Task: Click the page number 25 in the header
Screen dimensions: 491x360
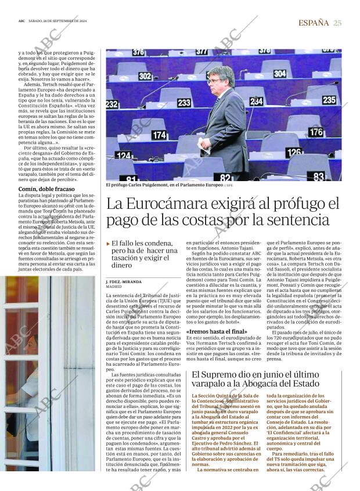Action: [x=337, y=23]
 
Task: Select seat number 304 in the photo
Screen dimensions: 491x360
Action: [x=279, y=74]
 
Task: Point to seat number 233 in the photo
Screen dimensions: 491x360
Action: [x=184, y=102]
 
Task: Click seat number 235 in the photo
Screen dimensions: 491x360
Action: [x=329, y=100]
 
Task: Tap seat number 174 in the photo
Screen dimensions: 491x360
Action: [x=159, y=135]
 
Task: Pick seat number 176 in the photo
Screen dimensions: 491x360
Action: [x=316, y=132]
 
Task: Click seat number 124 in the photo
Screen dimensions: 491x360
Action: [x=123, y=156]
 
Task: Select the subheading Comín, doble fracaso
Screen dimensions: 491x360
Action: [x=46, y=189]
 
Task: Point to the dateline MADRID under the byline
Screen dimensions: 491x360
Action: [x=114, y=287]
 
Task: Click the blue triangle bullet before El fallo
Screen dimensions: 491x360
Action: [x=108, y=243]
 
